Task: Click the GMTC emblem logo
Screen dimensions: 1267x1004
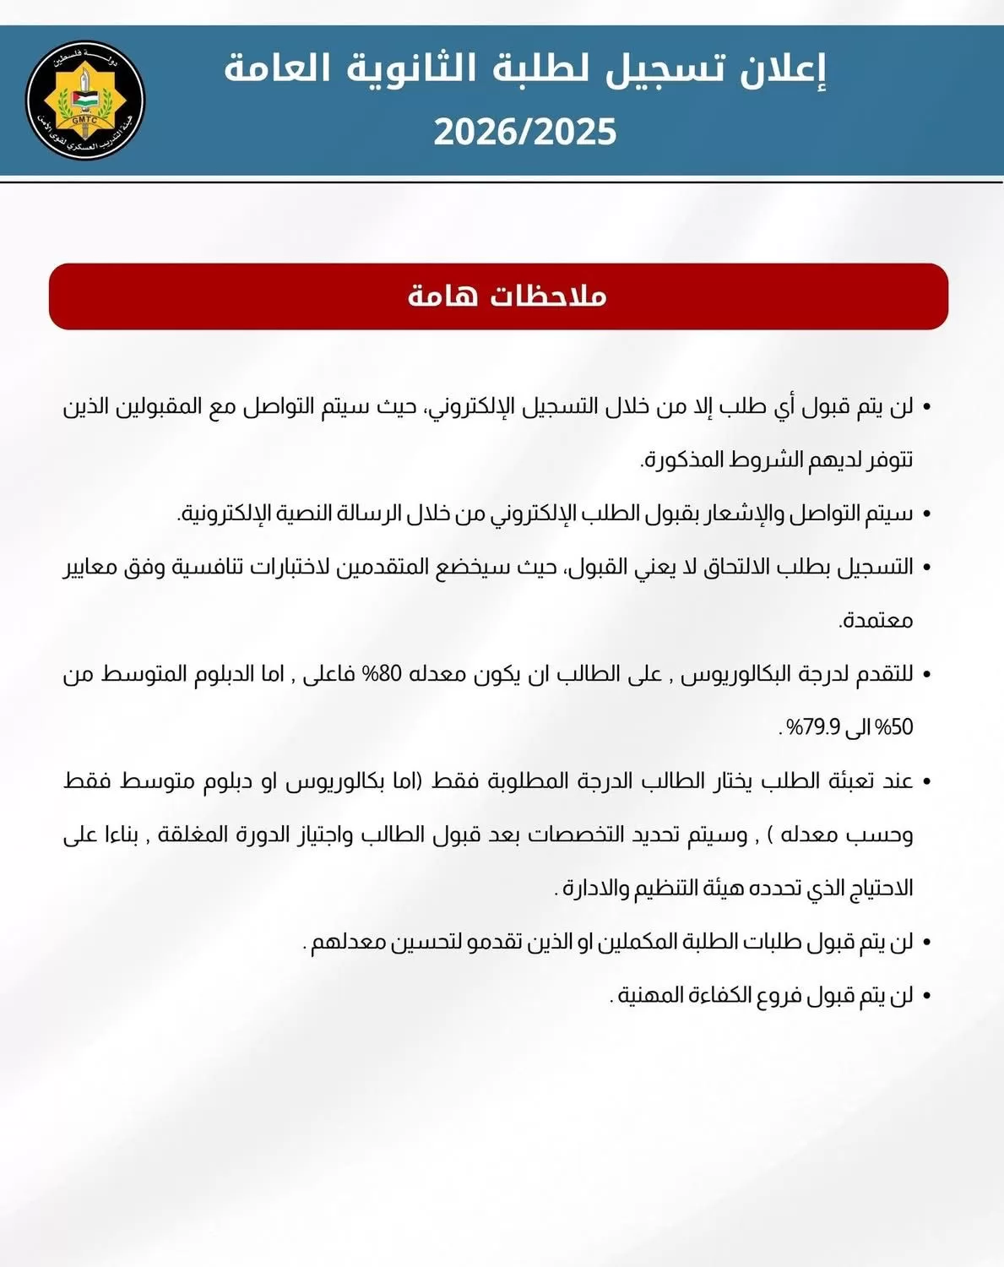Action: point(85,101)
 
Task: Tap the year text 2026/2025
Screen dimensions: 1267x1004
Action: point(525,133)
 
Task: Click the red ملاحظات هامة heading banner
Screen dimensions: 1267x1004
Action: point(498,296)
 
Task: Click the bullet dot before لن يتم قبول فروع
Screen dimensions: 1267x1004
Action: point(926,997)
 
